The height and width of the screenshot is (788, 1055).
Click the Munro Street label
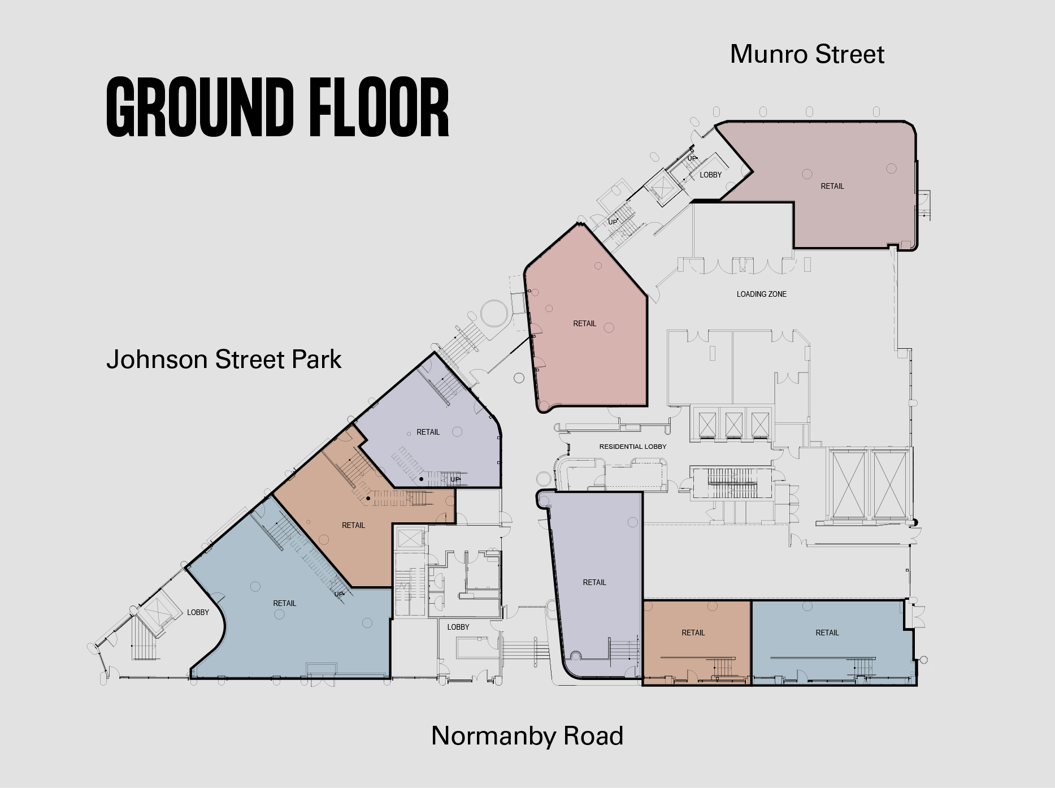point(807,54)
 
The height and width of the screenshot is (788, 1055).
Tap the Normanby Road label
point(527,736)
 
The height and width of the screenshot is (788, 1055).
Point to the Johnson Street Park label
point(224,360)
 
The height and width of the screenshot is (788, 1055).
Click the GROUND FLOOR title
point(277,107)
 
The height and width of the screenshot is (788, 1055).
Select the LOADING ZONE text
point(761,294)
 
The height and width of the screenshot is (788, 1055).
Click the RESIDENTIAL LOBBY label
point(633,447)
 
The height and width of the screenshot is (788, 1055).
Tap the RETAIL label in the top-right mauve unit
point(832,186)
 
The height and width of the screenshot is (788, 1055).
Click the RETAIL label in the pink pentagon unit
point(585,323)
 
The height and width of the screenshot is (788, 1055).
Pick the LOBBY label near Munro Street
point(710,175)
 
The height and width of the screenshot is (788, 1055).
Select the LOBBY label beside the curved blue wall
point(198,612)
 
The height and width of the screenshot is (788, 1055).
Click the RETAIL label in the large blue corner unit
point(285,603)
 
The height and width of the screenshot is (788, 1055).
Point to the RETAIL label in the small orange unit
point(693,633)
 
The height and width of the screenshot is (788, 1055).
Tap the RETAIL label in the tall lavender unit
point(594,582)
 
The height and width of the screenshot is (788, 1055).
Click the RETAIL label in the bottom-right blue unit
point(827,633)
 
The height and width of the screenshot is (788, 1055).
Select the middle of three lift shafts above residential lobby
point(734,424)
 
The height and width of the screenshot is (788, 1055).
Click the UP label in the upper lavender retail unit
point(455,479)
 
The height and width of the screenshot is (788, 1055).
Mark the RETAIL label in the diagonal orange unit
point(354,525)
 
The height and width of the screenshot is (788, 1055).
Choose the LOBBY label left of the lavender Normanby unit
point(458,627)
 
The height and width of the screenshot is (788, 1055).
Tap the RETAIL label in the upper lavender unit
point(428,432)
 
